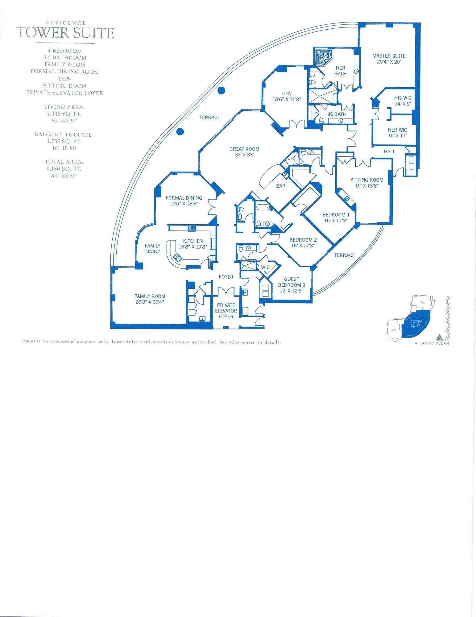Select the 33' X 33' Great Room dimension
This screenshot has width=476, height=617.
(x=244, y=155)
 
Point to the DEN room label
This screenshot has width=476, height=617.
(x=287, y=93)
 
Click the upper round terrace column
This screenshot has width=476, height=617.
(x=221, y=90)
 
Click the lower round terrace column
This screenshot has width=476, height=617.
(x=180, y=132)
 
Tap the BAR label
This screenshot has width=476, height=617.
(x=281, y=186)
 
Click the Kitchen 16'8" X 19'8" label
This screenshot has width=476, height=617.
(x=193, y=244)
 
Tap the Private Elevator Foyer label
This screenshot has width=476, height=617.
(x=226, y=311)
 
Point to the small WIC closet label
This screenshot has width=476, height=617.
(x=265, y=267)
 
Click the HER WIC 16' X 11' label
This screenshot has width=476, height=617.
(x=397, y=133)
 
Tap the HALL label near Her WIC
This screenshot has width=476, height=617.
(x=389, y=151)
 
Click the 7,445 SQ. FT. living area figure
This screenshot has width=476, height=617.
(x=64, y=114)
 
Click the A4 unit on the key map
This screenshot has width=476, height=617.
(x=393, y=330)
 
